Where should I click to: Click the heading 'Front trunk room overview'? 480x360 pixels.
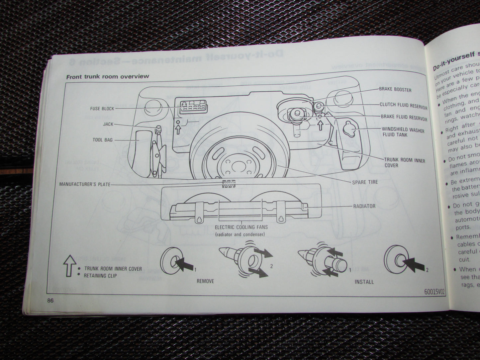108,77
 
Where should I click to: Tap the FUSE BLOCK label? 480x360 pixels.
102,109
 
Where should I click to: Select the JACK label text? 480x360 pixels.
108,124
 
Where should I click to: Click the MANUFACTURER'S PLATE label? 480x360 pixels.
85,184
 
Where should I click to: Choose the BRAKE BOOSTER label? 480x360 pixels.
395,90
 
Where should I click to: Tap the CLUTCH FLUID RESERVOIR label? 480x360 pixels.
403,105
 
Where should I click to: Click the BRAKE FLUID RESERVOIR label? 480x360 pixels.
404,118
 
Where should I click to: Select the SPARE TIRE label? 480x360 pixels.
365,182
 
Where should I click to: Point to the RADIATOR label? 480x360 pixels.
364,206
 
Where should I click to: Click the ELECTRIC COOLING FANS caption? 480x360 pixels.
241,228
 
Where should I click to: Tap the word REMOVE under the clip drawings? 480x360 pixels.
205,281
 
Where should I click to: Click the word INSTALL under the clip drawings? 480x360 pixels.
364,282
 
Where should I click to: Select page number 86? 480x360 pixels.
50,300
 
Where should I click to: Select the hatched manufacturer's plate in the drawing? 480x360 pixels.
229,184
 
